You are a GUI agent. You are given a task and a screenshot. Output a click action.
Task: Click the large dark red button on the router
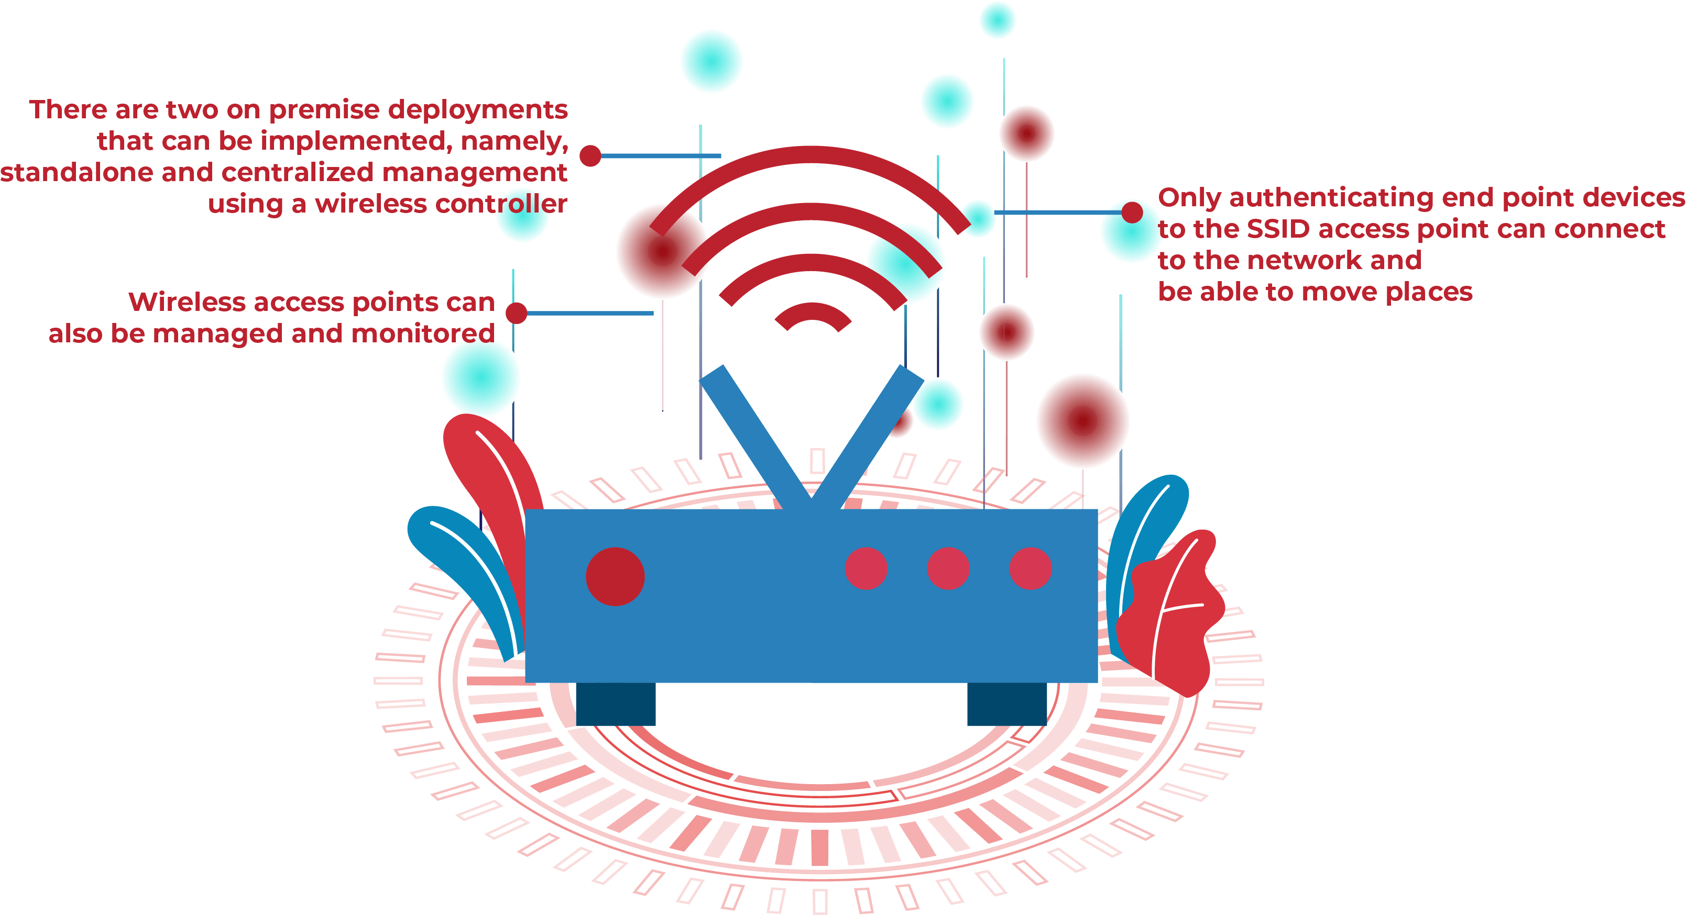pos(615,576)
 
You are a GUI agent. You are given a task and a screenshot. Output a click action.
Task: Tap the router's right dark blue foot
pos(1006,704)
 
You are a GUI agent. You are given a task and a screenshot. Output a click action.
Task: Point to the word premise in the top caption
pos(324,110)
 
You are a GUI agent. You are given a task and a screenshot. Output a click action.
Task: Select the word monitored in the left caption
pos(423,333)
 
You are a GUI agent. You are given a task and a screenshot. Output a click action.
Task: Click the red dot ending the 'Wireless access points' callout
pos(517,313)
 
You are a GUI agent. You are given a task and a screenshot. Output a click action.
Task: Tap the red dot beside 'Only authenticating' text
pos(1132,213)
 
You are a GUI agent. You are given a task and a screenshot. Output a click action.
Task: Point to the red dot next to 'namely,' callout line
pos(590,155)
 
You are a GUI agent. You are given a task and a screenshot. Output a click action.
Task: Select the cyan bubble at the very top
pos(998,19)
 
